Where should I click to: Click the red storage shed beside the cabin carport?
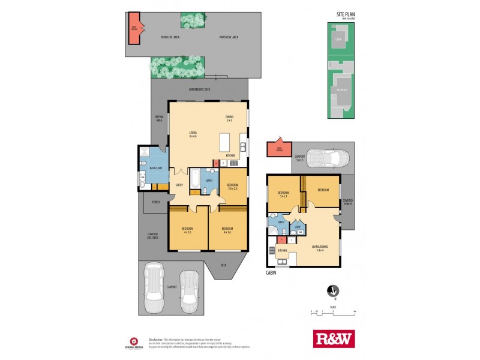coord(279,149)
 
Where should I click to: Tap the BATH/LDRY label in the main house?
coord(155,168)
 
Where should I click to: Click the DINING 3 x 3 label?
coord(229,119)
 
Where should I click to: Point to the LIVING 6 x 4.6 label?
coord(193,134)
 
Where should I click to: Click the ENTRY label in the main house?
coord(179,184)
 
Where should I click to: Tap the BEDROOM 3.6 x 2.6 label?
coord(233,186)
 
